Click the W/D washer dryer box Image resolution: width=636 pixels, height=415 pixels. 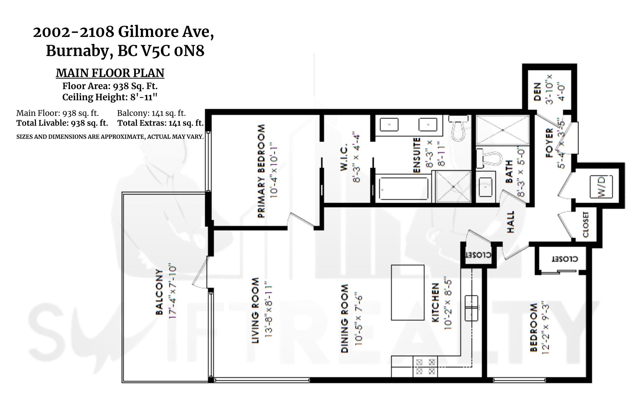[601, 186]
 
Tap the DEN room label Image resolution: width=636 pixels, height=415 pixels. [537, 92]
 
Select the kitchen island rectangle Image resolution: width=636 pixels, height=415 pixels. [407, 292]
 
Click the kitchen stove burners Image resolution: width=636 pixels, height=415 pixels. [425, 367]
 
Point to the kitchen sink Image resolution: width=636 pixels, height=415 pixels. [471, 308]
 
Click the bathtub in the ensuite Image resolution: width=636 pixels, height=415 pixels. [403, 189]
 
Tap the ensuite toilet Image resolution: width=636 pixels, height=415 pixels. [458, 128]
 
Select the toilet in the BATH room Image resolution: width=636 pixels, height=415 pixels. [489, 158]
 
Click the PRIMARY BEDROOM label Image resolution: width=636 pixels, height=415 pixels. [261, 171]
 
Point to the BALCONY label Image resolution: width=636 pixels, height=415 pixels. [159, 292]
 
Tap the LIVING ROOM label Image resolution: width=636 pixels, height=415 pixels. [255, 311]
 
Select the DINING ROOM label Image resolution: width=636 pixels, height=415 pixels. [345, 319]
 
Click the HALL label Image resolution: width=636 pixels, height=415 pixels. [510, 222]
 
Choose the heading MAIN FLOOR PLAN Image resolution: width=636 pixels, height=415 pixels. [110, 73]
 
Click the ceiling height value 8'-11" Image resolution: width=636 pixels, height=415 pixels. [144, 97]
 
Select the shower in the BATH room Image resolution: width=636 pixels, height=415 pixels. [502, 130]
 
